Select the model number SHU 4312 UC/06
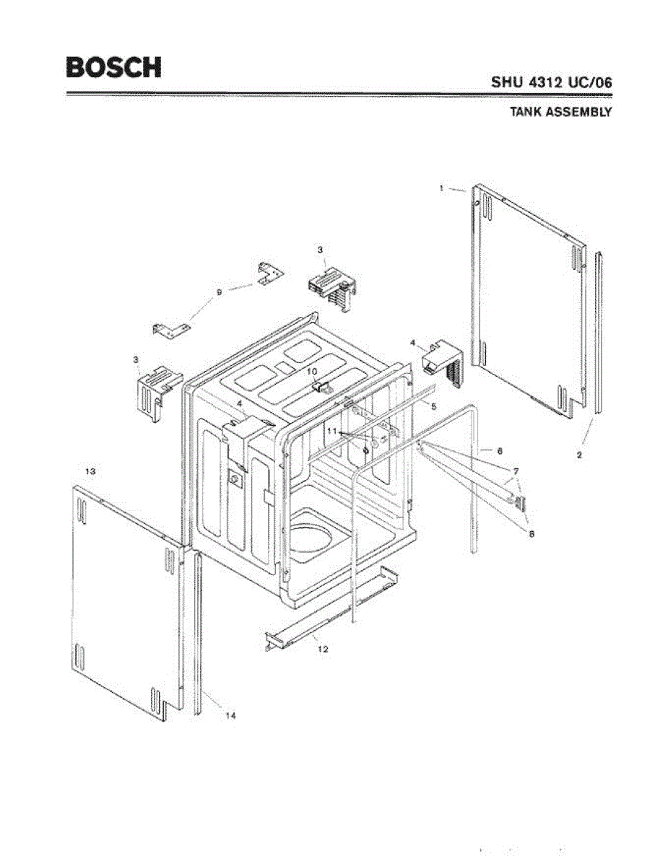pyautogui.click(x=552, y=82)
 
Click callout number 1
pyautogui.click(x=441, y=188)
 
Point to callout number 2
pyautogui.click(x=580, y=455)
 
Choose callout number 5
pyautogui.click(x=433, y=406)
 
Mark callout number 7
pyautogui.click(x=516, y=471)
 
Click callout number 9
pyautogui.click(x=219, y=292)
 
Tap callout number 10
pyautogui.click(x=312, y=371)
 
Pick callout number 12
pyautogui.click(x=323, y=649)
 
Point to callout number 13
pyautogui.click(x=90, y=471)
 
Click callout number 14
pyautogui.click(x=230, y=716)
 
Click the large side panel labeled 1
pyautogui.click(x=527, y=296)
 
